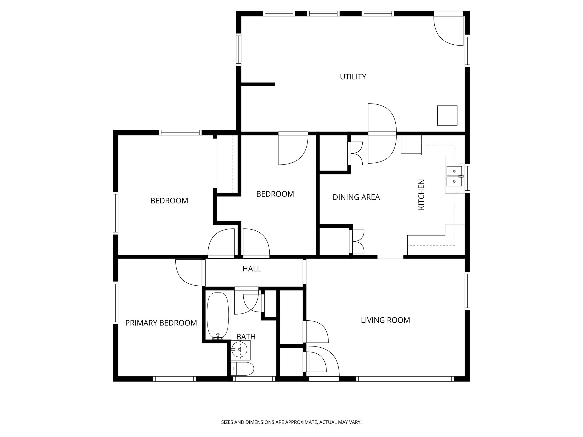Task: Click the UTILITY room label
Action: [353, 77]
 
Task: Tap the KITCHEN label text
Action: [421, 195]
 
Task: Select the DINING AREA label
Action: [356, 197]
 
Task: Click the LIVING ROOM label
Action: [385, 320]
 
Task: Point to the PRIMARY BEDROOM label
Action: [161, 323]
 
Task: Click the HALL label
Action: [252, 269]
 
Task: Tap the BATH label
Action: [246, 337]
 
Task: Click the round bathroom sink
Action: [239, 349]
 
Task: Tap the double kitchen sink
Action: [454, 176]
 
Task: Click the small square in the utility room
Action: [447, 115]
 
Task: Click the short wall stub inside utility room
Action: [258, 84]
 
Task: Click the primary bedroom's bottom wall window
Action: [175, 379]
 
